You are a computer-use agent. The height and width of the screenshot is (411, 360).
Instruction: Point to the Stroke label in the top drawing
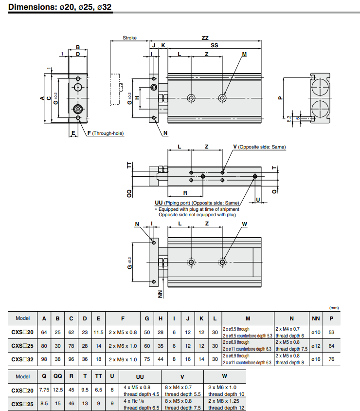tap(129, 38)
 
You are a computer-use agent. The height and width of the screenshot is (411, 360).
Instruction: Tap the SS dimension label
tap(214, 45)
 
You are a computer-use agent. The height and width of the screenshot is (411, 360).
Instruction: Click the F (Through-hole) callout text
tap(105, 133)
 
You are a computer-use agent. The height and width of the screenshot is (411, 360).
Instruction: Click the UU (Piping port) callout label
tap(197, 203)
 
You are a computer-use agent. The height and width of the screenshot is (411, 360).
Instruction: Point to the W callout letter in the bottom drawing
tap(244, 224)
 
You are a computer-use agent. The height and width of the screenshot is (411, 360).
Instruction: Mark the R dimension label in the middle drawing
tap(185, 193)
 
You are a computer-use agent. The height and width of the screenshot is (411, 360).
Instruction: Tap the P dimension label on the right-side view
tap(280, 97)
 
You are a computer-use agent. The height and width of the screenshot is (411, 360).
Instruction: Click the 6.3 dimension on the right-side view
tap(288, 118)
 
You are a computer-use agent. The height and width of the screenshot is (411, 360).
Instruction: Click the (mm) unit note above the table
tap(334, 308)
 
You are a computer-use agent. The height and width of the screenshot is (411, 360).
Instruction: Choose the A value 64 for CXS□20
tap(44, 332)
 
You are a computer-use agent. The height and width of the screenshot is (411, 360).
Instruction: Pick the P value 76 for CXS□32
tap(331, 359)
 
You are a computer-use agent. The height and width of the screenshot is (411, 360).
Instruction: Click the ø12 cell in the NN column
tap(316, 346)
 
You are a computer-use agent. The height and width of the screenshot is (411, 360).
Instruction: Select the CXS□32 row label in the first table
tap(23, 359)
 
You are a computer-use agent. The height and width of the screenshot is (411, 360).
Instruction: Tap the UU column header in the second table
tap(140, 376)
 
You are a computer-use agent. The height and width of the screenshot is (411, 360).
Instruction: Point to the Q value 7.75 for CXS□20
tap(44, 390)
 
